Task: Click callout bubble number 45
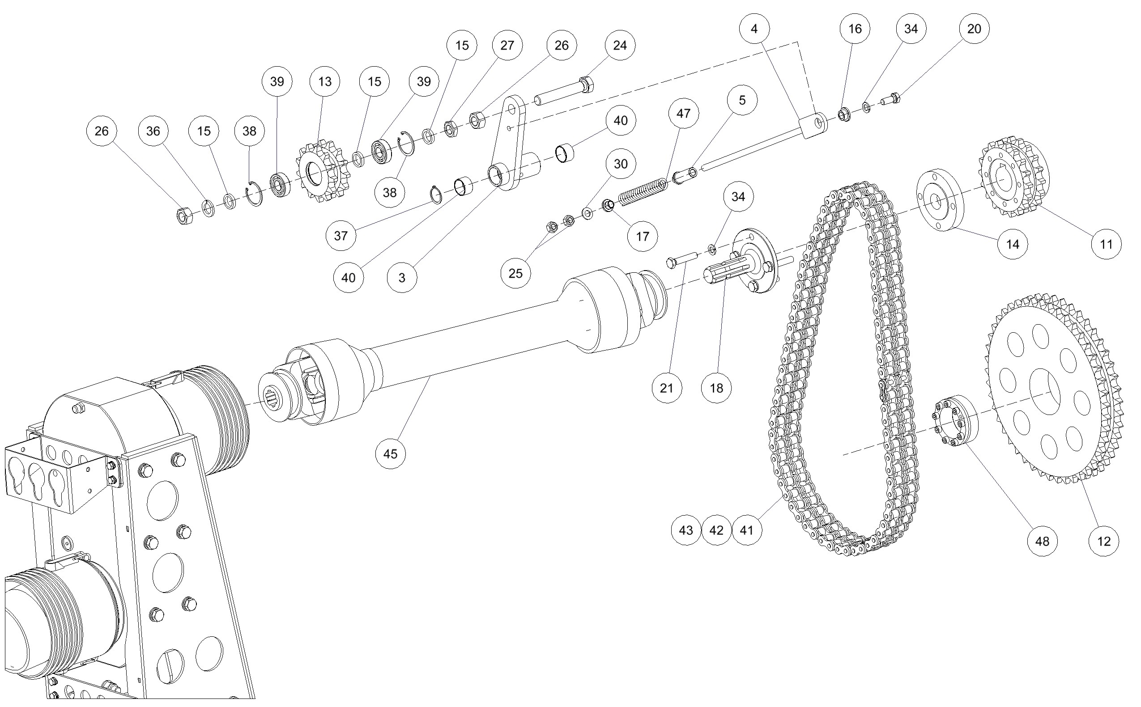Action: click(x=390, y=453)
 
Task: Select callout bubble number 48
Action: click(x=1042, y=541)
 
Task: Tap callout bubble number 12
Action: click(x=1104, y=541)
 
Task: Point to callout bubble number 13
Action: click(x=325, y=81)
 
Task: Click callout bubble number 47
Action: click(x=683, y=113)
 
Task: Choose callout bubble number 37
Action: click(x=341, y=235)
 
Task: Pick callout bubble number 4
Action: click(x=754, y=29)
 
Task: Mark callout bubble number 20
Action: click(x=974, y=29)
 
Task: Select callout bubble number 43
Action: click(x=686, y=530)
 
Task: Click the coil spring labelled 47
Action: click(x=643, y=192)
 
